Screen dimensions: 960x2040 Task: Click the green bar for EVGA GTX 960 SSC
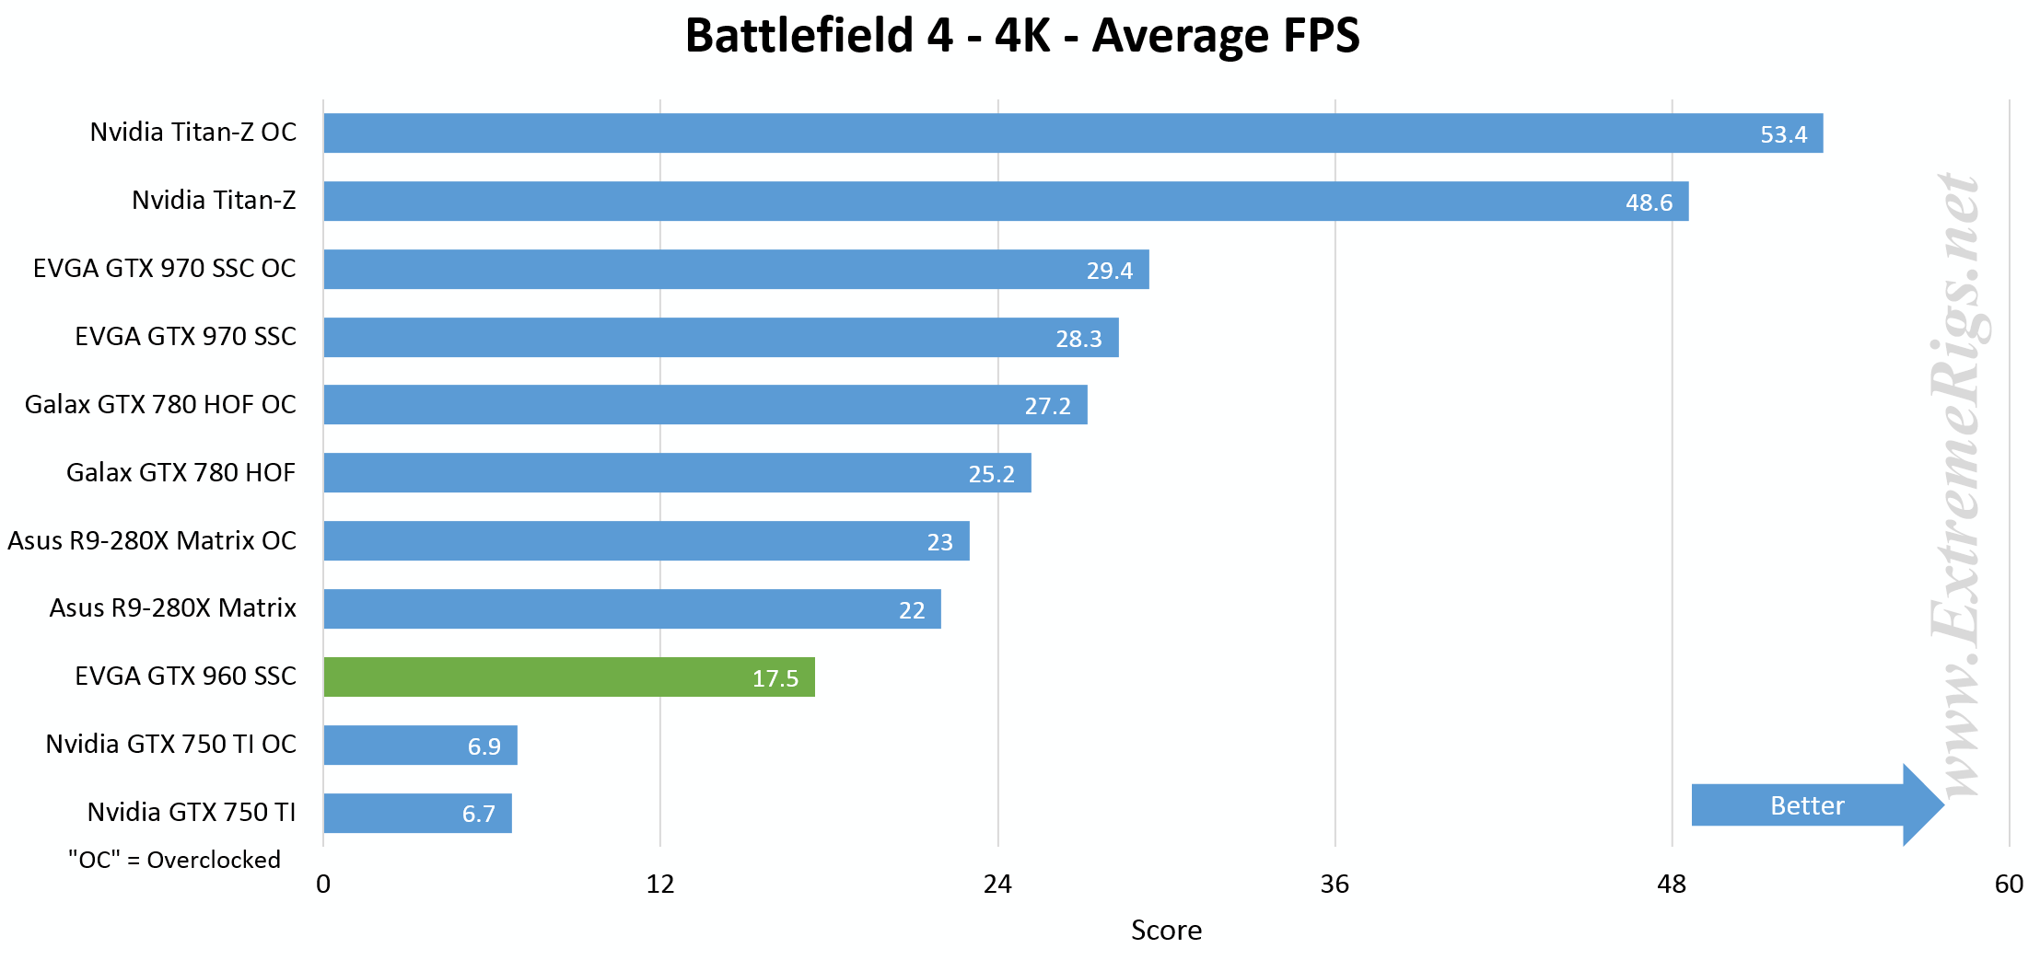568,677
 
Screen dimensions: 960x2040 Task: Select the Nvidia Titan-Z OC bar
1073,133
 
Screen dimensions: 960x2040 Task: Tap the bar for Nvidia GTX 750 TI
417,814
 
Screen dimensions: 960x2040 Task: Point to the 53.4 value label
1783,134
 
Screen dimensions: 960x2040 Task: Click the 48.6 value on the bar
1649,202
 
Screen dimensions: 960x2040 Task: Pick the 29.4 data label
1109,271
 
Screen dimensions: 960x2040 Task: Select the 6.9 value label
484,746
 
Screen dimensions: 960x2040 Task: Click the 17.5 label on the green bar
775,678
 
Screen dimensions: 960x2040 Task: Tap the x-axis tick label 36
1335,885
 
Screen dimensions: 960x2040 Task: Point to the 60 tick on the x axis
2009,885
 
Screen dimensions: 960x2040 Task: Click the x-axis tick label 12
660,885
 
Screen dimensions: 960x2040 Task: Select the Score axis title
1166,931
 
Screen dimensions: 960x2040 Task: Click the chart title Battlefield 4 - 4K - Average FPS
1021,36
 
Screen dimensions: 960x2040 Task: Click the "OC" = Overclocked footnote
174,860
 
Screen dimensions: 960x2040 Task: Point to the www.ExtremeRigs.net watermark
1959,483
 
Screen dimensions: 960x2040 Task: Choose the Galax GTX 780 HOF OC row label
160,404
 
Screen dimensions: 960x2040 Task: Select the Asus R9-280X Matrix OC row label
152,540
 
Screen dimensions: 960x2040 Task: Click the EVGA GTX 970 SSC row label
185,336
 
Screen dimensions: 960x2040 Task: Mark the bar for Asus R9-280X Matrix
632,609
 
